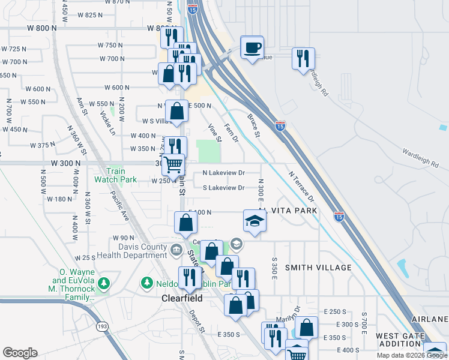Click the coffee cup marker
(x=252, y=47)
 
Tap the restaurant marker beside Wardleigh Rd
(x=302, y=58)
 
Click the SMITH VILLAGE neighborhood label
(x=318, y=267)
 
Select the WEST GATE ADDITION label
(x=407, y=340)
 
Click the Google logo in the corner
(x=19, y=353)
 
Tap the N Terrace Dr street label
(x=302, y=186)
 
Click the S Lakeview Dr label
(x=224, y=188)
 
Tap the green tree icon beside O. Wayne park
(x=104, y=282)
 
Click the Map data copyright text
(x=412, y=355)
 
